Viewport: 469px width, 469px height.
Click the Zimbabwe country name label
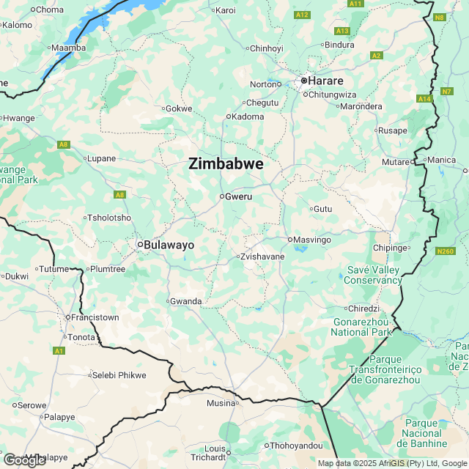[x=226, y=164]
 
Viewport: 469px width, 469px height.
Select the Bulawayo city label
[x=169, y=245]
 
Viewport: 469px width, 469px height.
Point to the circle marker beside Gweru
[x=221, y=196]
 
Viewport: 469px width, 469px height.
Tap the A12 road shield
[x=302, y=15]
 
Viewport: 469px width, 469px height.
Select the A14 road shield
[x=424, y=98]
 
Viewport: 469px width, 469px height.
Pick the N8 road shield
[x=439, y=17]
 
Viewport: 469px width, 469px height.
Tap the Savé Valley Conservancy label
[x=372, y=275]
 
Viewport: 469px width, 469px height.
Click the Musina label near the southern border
[x=220, y=403]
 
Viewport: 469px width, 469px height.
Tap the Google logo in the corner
[x=24, y=460]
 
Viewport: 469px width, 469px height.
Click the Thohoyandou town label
[x=295, y=446]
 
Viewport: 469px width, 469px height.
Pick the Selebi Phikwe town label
[x=119, y=375]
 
